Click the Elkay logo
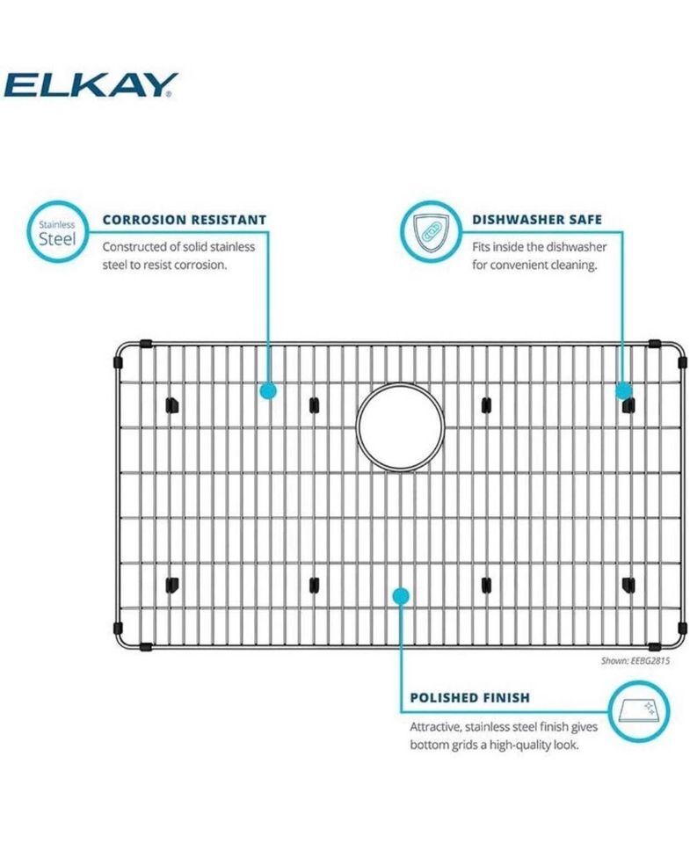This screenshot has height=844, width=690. click(91, 85)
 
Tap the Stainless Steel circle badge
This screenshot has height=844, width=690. click(58, 232)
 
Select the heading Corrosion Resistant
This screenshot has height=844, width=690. click(185, 220)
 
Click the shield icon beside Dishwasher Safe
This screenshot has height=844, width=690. click(430, 232)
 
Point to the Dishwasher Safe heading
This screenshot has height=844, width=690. click(537, 220)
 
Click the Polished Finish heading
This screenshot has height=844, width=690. click(470, 697)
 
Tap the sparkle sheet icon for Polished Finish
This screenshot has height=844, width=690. click(638, 710)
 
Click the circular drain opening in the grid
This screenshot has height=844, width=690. click(400, 426)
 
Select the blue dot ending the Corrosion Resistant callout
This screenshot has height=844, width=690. click(268, 390)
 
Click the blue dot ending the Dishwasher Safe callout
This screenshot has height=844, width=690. click(623, 390)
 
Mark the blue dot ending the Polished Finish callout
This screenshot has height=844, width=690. click(401, 596)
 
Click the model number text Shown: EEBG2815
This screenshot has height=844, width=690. click(636, 660)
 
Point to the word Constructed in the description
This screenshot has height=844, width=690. click(134, 247)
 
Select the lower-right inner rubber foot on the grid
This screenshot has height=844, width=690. click(628, 585)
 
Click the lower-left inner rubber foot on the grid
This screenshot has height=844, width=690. click(171, 585)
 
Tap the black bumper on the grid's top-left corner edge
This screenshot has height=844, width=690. click(145, 344)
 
